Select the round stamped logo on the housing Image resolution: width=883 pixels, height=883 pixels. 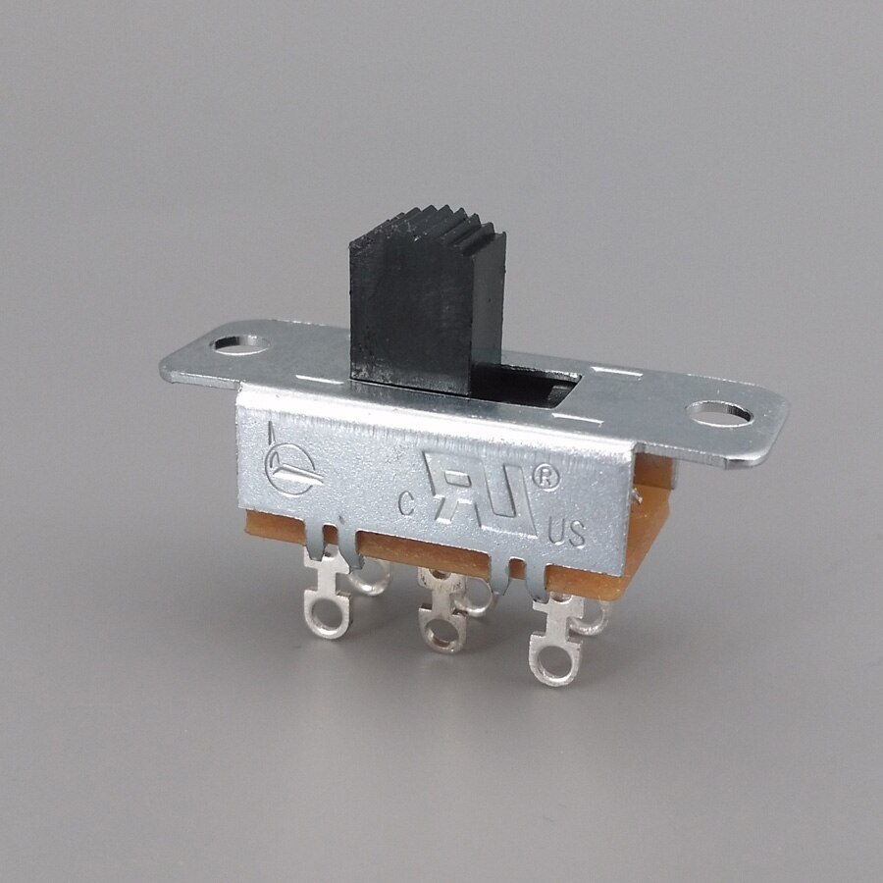coord(286,468)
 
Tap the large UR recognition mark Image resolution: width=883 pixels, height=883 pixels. coord(483,490)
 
